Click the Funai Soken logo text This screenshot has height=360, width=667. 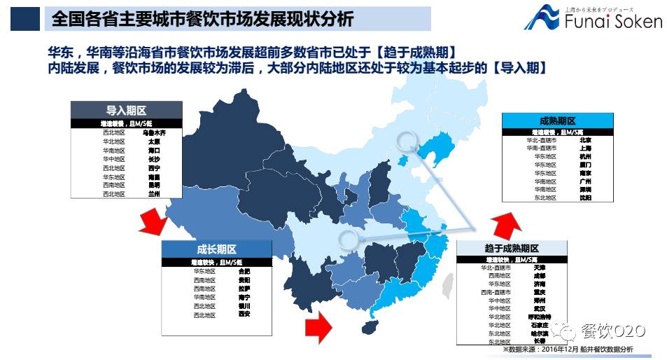613,21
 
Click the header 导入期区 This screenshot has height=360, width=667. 126,111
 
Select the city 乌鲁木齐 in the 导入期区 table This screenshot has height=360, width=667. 154,132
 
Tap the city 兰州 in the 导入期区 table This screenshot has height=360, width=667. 154,194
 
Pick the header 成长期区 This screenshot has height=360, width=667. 216,249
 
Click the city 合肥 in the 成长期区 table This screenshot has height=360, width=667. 244,270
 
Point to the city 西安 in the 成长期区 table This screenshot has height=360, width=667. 244,314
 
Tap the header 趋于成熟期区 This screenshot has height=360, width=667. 512,249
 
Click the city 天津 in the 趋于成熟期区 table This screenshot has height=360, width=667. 539,268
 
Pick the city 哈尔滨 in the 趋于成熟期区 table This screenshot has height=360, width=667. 539,333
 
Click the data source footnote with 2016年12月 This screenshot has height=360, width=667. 567,349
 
